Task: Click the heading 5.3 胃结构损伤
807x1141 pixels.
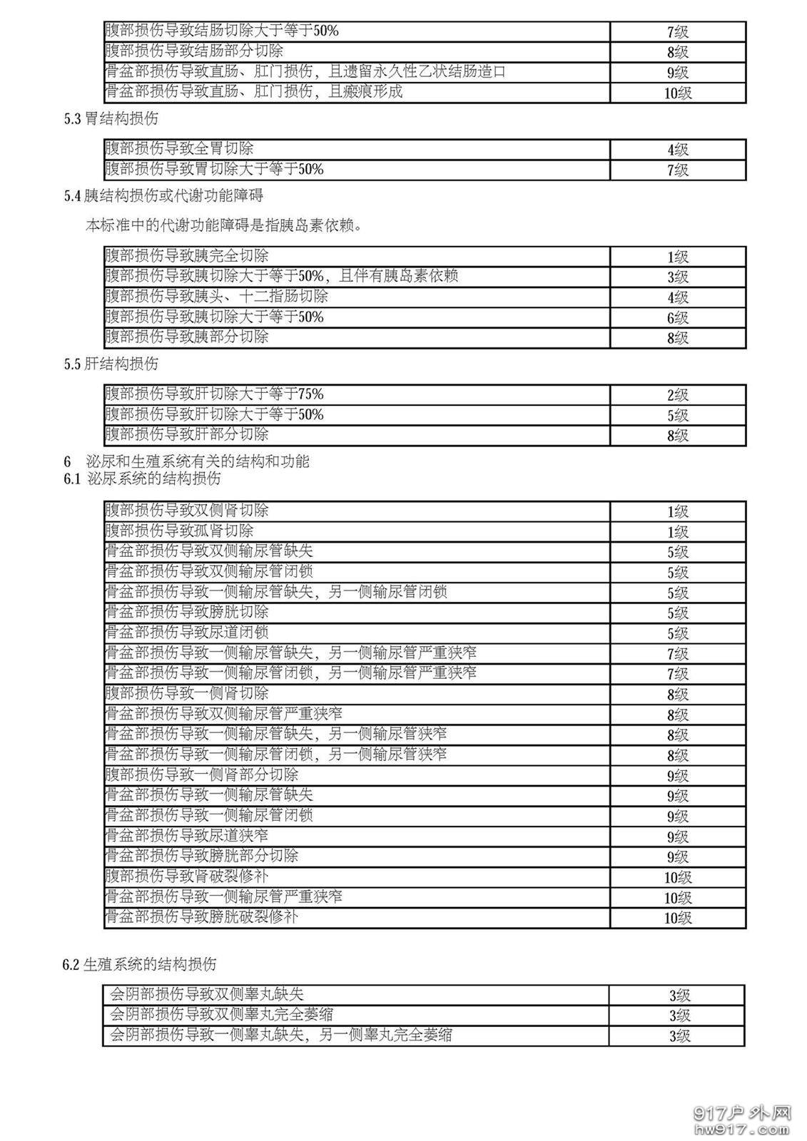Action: [111, 119]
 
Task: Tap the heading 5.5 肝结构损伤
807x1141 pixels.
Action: [111, 364]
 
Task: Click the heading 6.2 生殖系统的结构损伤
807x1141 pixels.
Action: [139, 965]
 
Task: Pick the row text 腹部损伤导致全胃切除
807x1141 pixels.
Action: [179, 149]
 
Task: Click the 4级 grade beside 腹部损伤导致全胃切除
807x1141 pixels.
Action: [677, 150]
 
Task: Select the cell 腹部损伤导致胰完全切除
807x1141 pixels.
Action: [187, 256]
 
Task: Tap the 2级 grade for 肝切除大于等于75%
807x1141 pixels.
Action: [677, 395]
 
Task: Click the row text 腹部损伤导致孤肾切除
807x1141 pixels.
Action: [179, 531]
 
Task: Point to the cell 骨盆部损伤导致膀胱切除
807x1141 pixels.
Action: [187, 613]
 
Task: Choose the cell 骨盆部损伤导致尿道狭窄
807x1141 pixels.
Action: [187, 836]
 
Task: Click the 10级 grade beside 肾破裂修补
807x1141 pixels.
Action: [677, 877]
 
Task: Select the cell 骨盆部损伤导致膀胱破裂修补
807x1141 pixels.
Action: [201, 917]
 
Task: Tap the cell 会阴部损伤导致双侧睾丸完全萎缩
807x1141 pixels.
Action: [221, 1015]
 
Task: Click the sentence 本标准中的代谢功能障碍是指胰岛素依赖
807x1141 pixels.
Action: [224, 226]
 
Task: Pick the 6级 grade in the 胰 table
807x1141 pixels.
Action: [677, 318]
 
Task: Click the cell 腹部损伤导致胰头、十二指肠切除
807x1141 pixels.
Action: [216, 297]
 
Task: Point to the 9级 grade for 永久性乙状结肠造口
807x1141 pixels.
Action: [677, 73]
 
